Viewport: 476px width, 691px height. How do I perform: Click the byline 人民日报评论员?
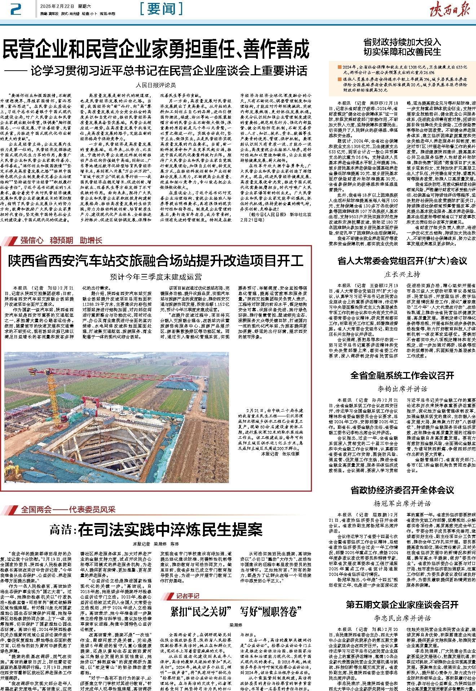coord(155,85)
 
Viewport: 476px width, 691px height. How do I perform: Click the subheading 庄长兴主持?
coord(402,274)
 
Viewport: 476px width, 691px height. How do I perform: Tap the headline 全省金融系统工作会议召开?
coord(402,376)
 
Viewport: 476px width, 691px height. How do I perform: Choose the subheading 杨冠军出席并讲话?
coord(402,504)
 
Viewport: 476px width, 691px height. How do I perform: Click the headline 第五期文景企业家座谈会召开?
coord(402,604)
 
